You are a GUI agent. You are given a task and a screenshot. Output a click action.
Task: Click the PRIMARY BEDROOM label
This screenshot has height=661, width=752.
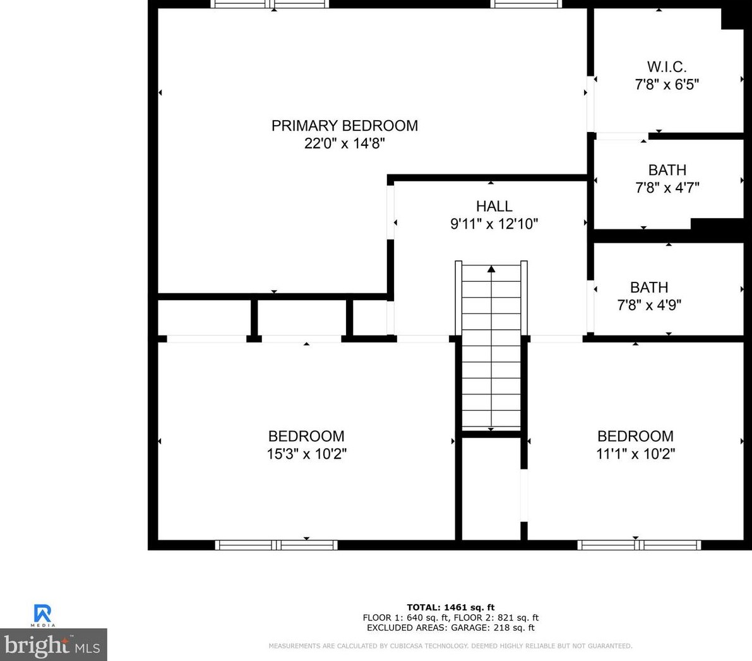tap(344, 126)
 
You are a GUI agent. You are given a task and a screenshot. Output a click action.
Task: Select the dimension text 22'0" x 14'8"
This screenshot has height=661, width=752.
tap(344, 143)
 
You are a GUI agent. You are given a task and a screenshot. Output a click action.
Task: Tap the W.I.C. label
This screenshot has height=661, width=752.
tap(667, 67)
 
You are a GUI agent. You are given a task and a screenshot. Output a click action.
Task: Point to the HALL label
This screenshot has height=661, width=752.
tap(494, 207)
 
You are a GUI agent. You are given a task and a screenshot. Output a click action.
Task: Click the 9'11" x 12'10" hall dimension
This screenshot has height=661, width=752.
tap(494, 224)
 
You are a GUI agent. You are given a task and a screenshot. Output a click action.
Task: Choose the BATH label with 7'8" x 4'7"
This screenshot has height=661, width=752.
tap(667, 170)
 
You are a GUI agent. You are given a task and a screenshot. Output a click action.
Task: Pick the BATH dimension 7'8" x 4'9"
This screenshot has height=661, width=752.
tap(649, 305)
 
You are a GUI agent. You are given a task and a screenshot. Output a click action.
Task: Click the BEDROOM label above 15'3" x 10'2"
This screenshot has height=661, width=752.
tap(306, 436)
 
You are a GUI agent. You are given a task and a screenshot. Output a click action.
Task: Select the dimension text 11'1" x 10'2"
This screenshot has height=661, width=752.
tap(635, 454)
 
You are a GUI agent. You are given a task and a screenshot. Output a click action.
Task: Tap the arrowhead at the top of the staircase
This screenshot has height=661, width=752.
tap(491, 269)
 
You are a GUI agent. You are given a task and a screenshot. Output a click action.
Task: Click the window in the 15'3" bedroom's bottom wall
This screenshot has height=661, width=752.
tap(277, 545)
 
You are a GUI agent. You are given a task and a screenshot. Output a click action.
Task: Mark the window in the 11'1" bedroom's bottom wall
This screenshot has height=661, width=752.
tap(640, 545)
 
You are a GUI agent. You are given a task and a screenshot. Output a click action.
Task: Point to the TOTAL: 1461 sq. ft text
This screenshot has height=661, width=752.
tap(450, 607)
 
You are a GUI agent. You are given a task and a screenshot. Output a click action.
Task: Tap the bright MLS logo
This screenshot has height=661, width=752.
tap(53, 645)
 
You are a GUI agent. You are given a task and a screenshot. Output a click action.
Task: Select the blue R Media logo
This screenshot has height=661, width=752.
tap(43, 615)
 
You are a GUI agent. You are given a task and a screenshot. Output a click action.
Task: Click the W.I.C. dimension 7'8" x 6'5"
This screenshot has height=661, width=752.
tap(667, 85)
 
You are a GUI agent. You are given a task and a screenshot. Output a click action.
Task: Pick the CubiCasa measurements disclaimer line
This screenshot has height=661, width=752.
tap(450, 646)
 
